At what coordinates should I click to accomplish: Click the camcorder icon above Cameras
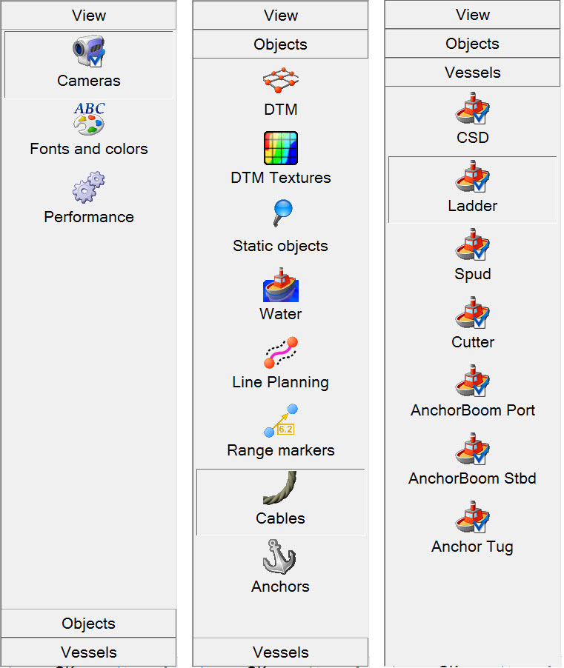(89, 52)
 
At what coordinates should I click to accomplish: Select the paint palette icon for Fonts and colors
(89, 119)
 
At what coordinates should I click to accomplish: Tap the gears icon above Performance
(89, 188)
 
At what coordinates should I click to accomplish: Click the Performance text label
(89, 217)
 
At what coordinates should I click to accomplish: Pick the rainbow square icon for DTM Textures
(280, 147)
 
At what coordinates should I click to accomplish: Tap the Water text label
(280, 314)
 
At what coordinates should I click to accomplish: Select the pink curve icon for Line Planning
(280, 353)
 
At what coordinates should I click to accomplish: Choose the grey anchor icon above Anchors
(280, 558)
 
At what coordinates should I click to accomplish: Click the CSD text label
(473, 138)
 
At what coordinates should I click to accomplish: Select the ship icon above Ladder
(472, 178)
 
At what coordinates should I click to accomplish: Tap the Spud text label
(473, 274)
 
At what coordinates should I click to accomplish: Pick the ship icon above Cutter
(472, 314)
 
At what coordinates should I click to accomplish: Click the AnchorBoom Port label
(473, 410)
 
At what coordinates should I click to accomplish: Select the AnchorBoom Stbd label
(472, 478)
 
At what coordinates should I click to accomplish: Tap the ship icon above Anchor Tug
(472, 518)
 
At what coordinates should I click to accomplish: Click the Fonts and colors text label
(89, 149)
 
